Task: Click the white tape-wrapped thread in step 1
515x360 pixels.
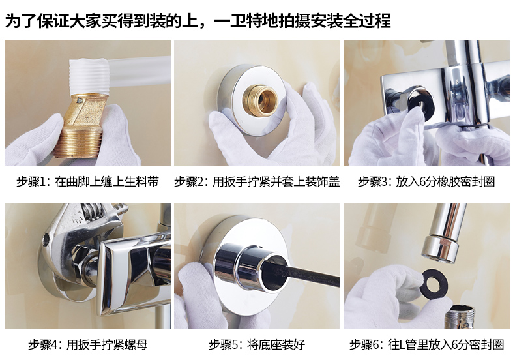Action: pyautogui.click(x=89, y=76)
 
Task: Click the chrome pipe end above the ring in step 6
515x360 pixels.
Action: pyautogui.click(x=440, y=249)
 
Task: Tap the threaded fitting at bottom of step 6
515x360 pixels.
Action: pyautogui.click(x=460, y=317)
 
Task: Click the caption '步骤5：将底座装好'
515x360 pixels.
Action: pyautogui.click(x=257, y=344)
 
